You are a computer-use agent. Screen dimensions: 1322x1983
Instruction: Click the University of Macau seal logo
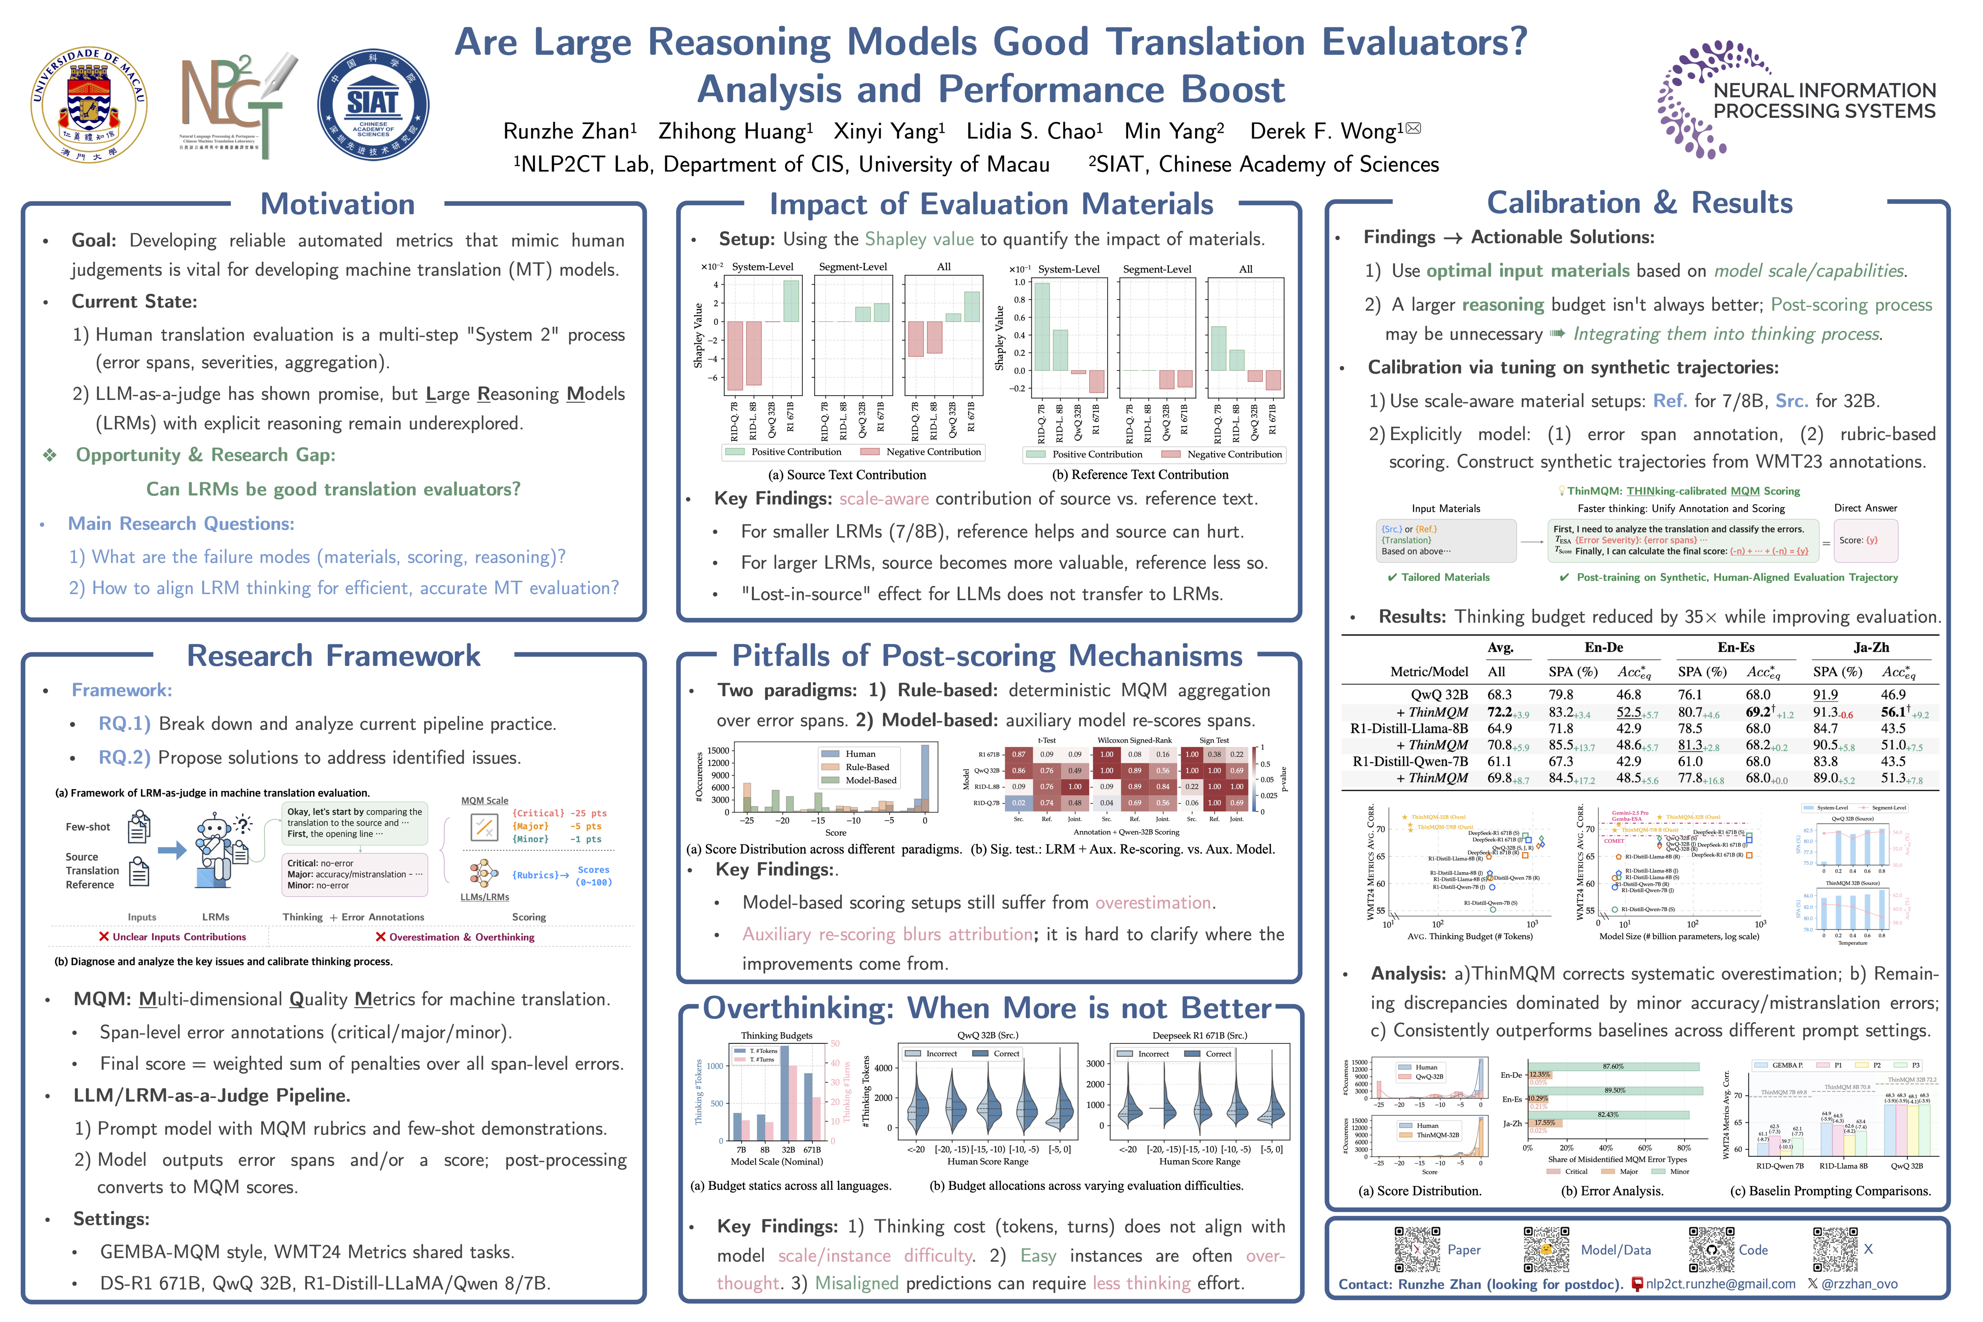pos(89,105)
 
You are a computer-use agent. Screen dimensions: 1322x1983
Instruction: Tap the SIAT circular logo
pos(373,105)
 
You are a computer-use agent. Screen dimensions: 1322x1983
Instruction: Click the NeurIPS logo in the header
pos(1796,100)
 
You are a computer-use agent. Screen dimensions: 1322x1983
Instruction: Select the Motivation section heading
pos(337,204)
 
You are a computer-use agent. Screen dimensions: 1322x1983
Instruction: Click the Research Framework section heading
pos(333,656)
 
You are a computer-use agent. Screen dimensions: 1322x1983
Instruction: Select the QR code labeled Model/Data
pos(1546,1249)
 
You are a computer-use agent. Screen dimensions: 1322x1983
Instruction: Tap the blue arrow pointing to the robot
pos(172,850)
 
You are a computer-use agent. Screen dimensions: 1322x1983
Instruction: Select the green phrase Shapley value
pos(919,240)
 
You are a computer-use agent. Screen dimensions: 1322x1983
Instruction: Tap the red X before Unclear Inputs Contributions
pos(104,937)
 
